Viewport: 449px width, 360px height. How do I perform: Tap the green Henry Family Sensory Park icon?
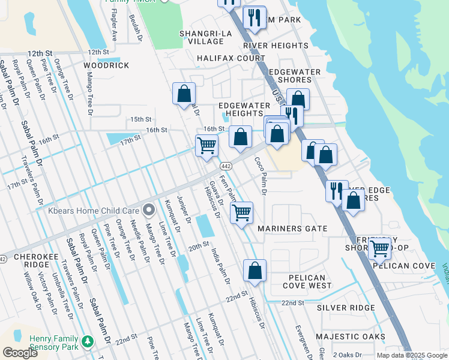click(x=88, y=342)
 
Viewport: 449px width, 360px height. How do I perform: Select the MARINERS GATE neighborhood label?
click(x=292, y=229)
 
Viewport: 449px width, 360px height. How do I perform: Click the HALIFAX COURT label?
click(x=231, y=58)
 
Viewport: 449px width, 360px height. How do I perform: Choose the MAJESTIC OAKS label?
click(x=351, y=337)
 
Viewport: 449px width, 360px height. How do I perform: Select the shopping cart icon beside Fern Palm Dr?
click(x=241, y=212)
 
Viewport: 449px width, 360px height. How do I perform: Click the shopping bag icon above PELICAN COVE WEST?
click(x=255, y=271)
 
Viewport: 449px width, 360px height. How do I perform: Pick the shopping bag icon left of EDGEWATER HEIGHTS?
click(x=184, y=94)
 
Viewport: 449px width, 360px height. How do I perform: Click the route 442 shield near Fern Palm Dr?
click(x=226, y=166)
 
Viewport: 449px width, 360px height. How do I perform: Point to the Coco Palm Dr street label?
click(x=260, y=175)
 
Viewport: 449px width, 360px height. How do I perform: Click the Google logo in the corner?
click(x=20, y=352)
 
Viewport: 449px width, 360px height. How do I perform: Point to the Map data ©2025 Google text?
click(x=412, y=355)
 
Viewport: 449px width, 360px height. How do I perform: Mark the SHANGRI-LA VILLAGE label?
click(x=202, y=37)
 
